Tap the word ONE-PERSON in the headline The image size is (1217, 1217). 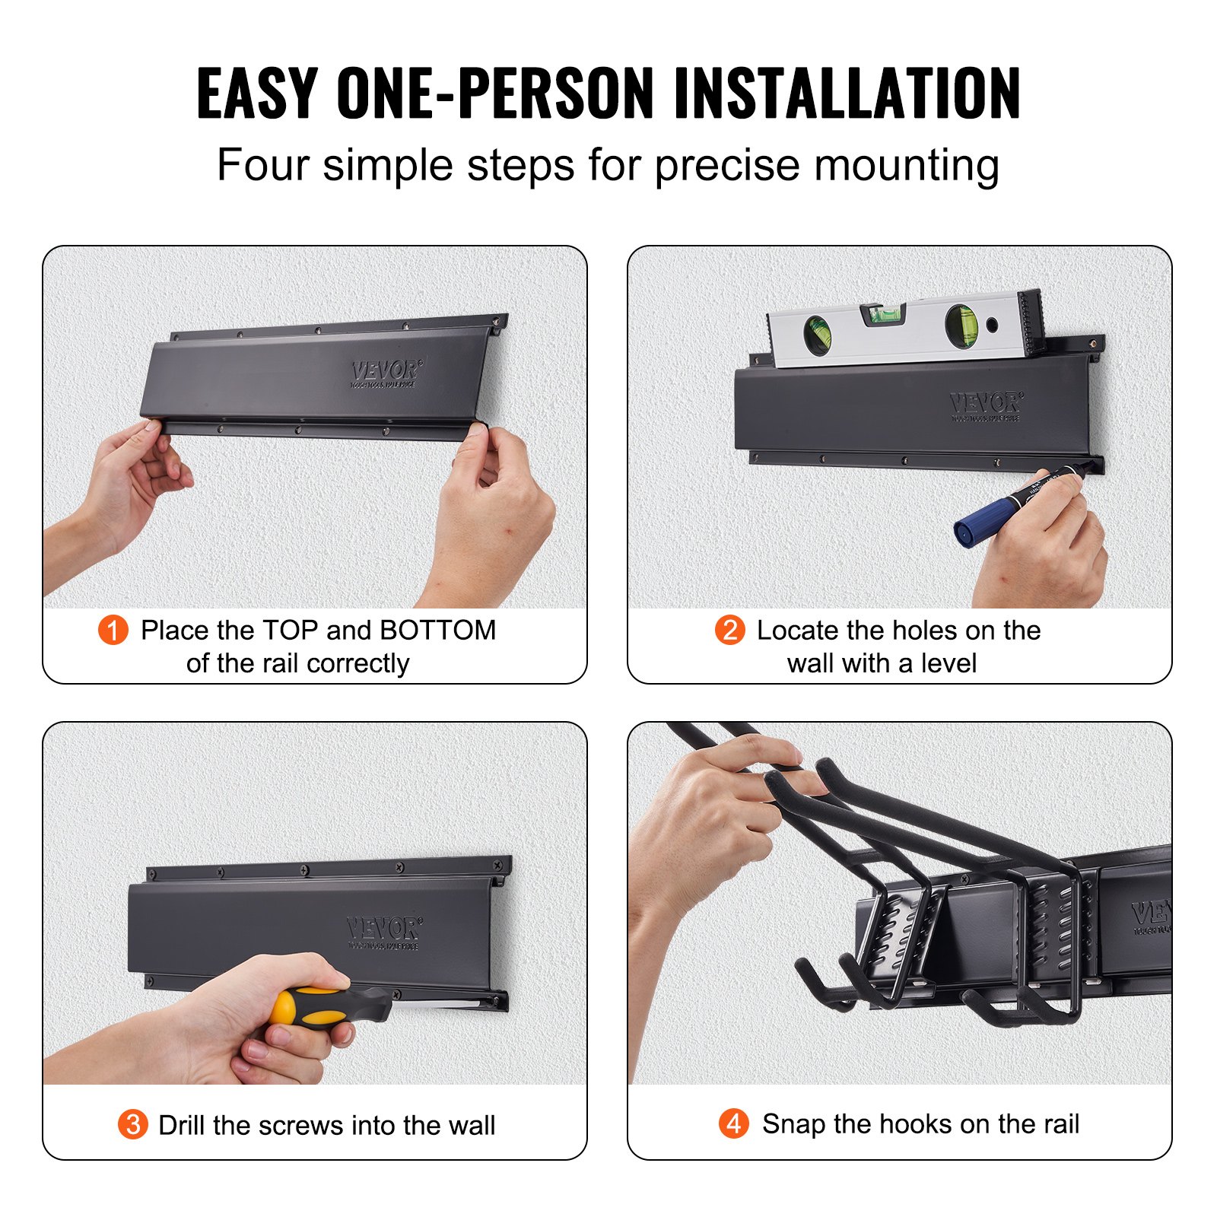coord(494,94)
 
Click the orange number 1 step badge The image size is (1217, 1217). coord(113,630)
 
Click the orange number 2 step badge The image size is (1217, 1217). coord(729,630)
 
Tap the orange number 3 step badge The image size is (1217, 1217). coord(132,1124)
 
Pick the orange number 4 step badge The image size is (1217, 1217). coord(733,1123)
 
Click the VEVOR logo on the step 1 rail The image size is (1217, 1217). coord(385,373)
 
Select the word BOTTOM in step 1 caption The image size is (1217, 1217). coord(437,631)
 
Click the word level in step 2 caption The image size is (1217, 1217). coord(948,663)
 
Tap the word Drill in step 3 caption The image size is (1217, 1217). coord(182,1125)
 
